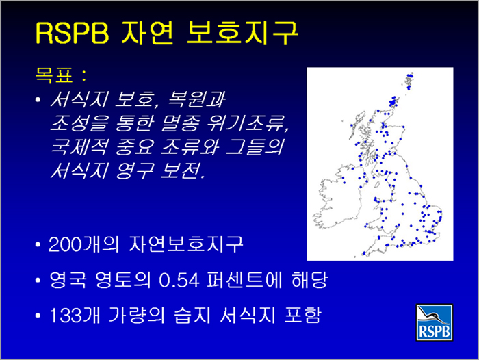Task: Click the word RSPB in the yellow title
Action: pyautogui.click(x=72, y=33)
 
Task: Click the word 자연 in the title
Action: pyautogui.click(x=148, y=33)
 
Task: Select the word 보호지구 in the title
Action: pyautogui.click(x=242, y=33)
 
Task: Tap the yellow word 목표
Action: pyautogui.click(x=54, y=75)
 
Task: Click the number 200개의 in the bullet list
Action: pyautogui.click(x=83, y=244)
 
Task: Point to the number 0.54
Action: pyautogui.click(x=179, y=280)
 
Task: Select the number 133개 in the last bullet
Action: pyautogui.click(x=75, y=315)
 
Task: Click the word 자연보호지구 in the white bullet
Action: pyautogui.click(x=185, y=244)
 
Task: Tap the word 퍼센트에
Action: pyautogui.click(x=244, y=280)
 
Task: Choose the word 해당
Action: pyautogui.click(x=309, y=280)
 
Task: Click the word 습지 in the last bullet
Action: pyautogui.click(x=192, y=315)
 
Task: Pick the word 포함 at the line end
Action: pyautogui.click(x=302, y=315)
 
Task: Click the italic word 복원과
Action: pyautogui.click(x=196, y=100)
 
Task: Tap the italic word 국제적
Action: pyautogui.click(x=79, y=146)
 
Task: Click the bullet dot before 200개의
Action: pyautogui.click(x=38, y=245)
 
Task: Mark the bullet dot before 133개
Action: pyautogui.click(x=38, y=316)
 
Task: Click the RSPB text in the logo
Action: pyautogui.click(x=434, y=332)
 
